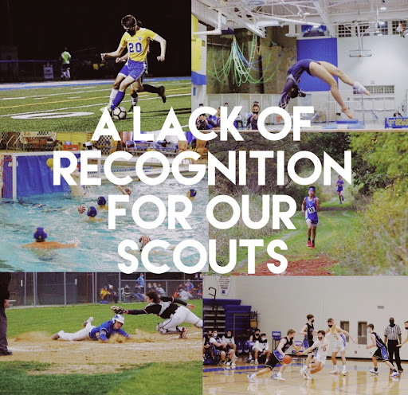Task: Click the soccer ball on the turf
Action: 120,113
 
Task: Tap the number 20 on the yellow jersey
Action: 135,48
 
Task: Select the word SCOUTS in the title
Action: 203,256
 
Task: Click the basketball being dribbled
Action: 287,360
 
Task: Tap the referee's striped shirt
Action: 393,332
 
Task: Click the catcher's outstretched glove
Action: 118,310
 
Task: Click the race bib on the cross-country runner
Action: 312,209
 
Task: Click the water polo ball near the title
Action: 144,242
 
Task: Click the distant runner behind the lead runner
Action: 340,190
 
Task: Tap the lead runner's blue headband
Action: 312,190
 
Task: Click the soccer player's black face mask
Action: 131,32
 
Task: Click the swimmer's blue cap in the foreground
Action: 40,234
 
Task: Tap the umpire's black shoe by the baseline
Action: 6,352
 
